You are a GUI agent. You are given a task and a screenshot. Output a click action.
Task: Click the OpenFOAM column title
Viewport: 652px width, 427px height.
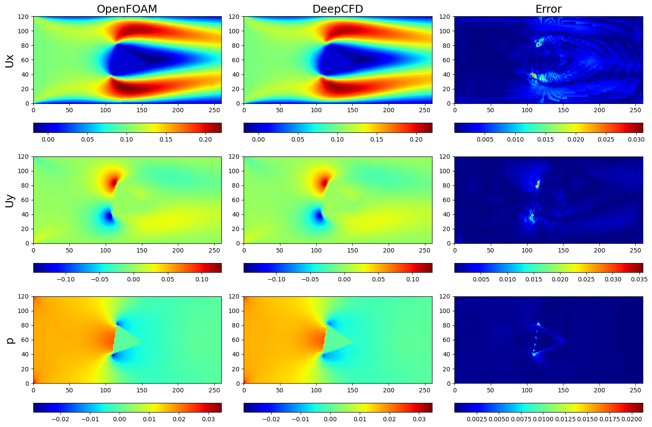tap(127, 9)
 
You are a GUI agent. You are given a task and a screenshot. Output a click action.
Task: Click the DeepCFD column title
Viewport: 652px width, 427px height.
tap(338, 9)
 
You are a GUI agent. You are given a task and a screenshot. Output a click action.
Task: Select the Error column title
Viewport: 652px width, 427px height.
tap(549, 9)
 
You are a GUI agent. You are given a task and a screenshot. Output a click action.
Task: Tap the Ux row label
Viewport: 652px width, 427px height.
tap(10, 60)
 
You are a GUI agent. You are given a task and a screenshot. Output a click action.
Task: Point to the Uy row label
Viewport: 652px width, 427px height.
tap(10, 200)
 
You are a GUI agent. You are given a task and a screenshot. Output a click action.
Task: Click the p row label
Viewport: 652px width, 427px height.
tap(10, 340)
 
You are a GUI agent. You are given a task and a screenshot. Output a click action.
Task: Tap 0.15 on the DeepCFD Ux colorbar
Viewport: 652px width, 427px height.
tap(376, 139)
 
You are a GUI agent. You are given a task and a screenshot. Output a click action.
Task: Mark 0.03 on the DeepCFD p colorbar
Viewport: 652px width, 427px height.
tap(419, 419)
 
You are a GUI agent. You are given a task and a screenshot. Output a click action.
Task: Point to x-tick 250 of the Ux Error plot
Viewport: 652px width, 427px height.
tap(635, 110)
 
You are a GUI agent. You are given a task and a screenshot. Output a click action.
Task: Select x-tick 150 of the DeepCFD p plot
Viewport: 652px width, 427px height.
tap(352, 390)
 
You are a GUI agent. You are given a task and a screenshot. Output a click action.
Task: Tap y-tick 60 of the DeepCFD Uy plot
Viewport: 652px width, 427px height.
tap(237, 200)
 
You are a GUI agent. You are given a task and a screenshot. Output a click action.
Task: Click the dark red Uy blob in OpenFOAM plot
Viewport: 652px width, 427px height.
tap(115, 181)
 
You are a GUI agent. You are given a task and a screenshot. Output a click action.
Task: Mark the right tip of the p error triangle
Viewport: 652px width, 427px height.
tap(564, 340)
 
